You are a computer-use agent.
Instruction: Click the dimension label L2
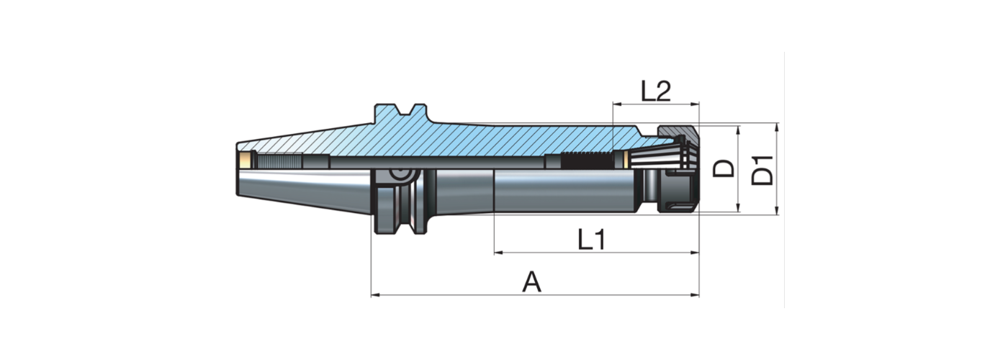(655, 91)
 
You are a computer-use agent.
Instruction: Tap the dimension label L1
(591, 240)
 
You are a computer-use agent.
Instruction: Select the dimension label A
(531, 282)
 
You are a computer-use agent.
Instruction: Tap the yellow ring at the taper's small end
(247, 161)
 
